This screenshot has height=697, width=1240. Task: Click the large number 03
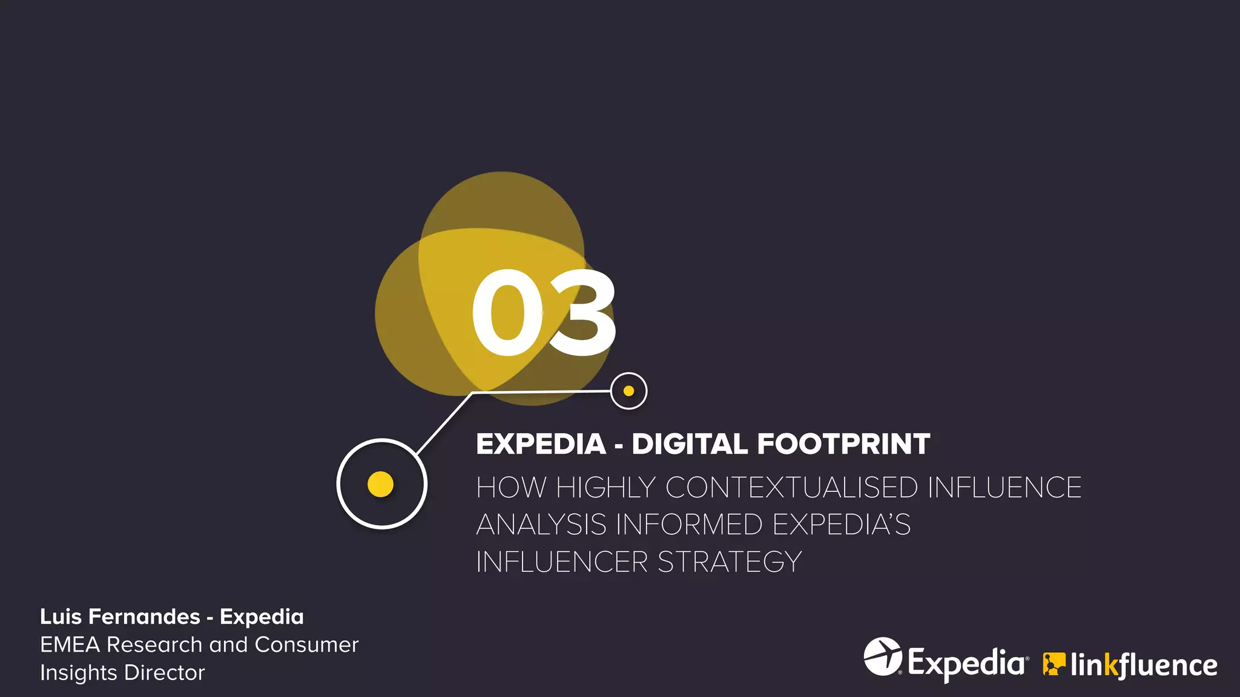544,313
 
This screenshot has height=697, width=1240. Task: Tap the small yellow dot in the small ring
628,391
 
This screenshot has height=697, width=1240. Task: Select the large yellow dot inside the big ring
381,484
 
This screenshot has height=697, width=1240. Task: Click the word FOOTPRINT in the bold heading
843,444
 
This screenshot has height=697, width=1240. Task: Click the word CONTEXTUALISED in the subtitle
791,488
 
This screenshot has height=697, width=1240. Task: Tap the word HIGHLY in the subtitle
605,488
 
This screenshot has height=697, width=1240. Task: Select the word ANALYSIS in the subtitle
541,525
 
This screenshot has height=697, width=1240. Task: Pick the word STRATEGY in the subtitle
730,562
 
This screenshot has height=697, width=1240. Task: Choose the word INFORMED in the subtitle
688,525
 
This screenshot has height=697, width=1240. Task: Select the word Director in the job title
165,673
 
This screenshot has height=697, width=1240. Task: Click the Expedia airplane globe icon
883,656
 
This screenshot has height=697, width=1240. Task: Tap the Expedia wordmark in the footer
966,663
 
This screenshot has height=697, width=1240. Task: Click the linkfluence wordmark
1143,665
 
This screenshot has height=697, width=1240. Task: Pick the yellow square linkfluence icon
1054,664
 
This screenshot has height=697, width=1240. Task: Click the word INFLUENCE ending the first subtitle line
1004,488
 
